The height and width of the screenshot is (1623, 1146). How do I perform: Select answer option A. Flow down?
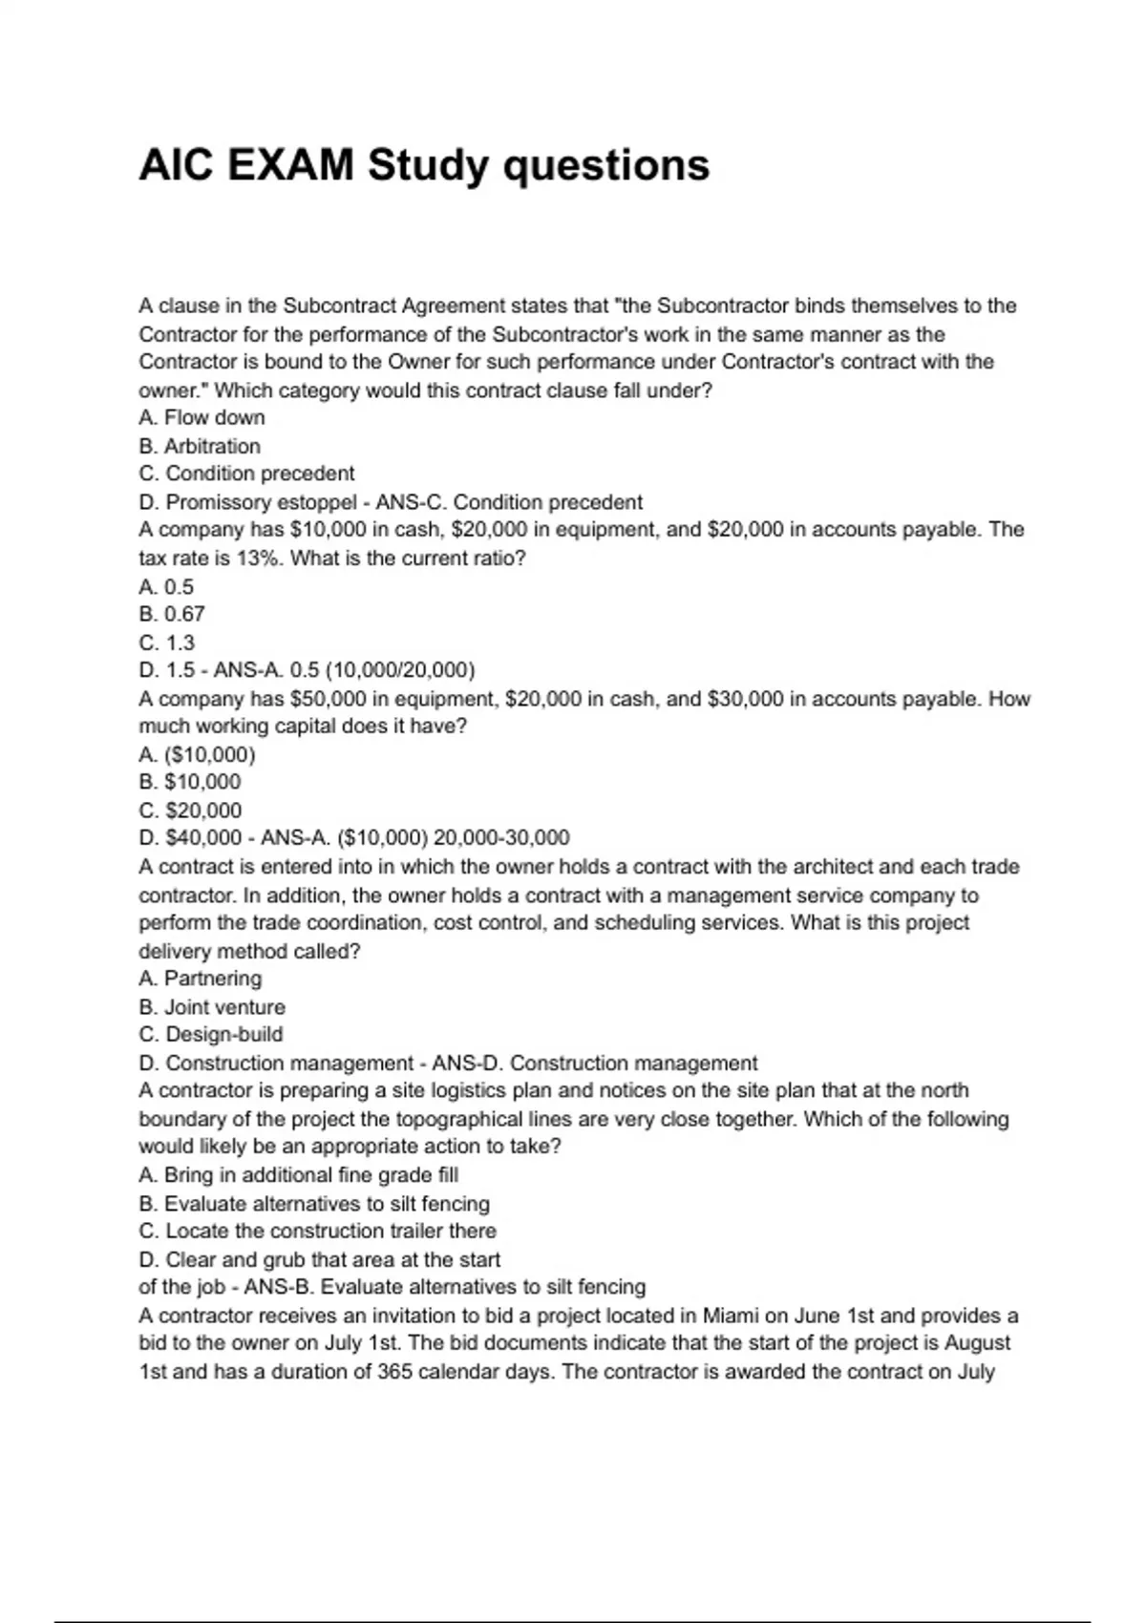(x=202, y=418)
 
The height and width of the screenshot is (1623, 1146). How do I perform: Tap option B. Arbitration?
(x=199, y=446)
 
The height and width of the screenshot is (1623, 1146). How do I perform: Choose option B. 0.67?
(x=172, y=614)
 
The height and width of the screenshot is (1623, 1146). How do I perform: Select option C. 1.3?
(x=166, y=643)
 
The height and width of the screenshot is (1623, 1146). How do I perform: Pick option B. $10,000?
(x=189, y=782)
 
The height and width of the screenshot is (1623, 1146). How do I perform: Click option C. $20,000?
(x=190, y=811)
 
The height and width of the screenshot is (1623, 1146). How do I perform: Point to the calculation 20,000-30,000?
(x=501, y=838)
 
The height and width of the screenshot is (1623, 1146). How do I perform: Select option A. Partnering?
(x=200, y=979)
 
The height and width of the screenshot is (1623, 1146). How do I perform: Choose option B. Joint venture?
(x=211, y=1007)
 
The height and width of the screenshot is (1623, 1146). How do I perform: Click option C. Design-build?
(x=210, y=1035)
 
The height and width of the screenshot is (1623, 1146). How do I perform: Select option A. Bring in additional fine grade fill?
(x=298, y=1175)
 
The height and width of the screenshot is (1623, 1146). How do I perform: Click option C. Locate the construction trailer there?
(x=317, y=1232)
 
